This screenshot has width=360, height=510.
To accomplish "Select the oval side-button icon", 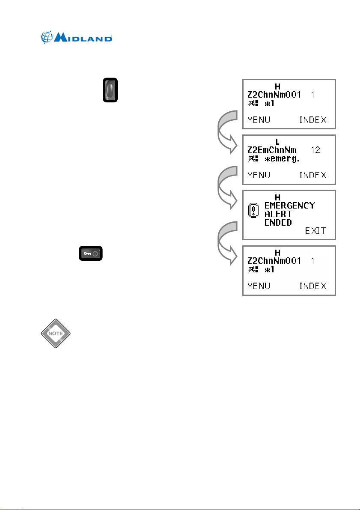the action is click(x=110, y=90).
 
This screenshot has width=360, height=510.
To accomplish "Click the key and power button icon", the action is click(x=90, y=254).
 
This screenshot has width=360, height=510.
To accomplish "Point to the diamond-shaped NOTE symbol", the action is click(x=55, y=333).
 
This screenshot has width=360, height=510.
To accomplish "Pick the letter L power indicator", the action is click(x=277, y=141).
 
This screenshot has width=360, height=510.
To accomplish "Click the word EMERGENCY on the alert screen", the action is click(x=289, y=206).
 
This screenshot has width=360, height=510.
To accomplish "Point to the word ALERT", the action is click(x=278, y=214).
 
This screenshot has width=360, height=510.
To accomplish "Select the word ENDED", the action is click(x=278, y=223).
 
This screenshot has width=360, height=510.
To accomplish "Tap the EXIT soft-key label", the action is click(x=315, y=231).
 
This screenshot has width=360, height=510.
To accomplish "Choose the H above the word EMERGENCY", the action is click(x=277, y=197).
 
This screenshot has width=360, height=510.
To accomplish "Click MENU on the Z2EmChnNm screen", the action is click(x=259, y=175).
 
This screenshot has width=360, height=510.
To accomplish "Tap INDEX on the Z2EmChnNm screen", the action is click(x=312, y=175).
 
